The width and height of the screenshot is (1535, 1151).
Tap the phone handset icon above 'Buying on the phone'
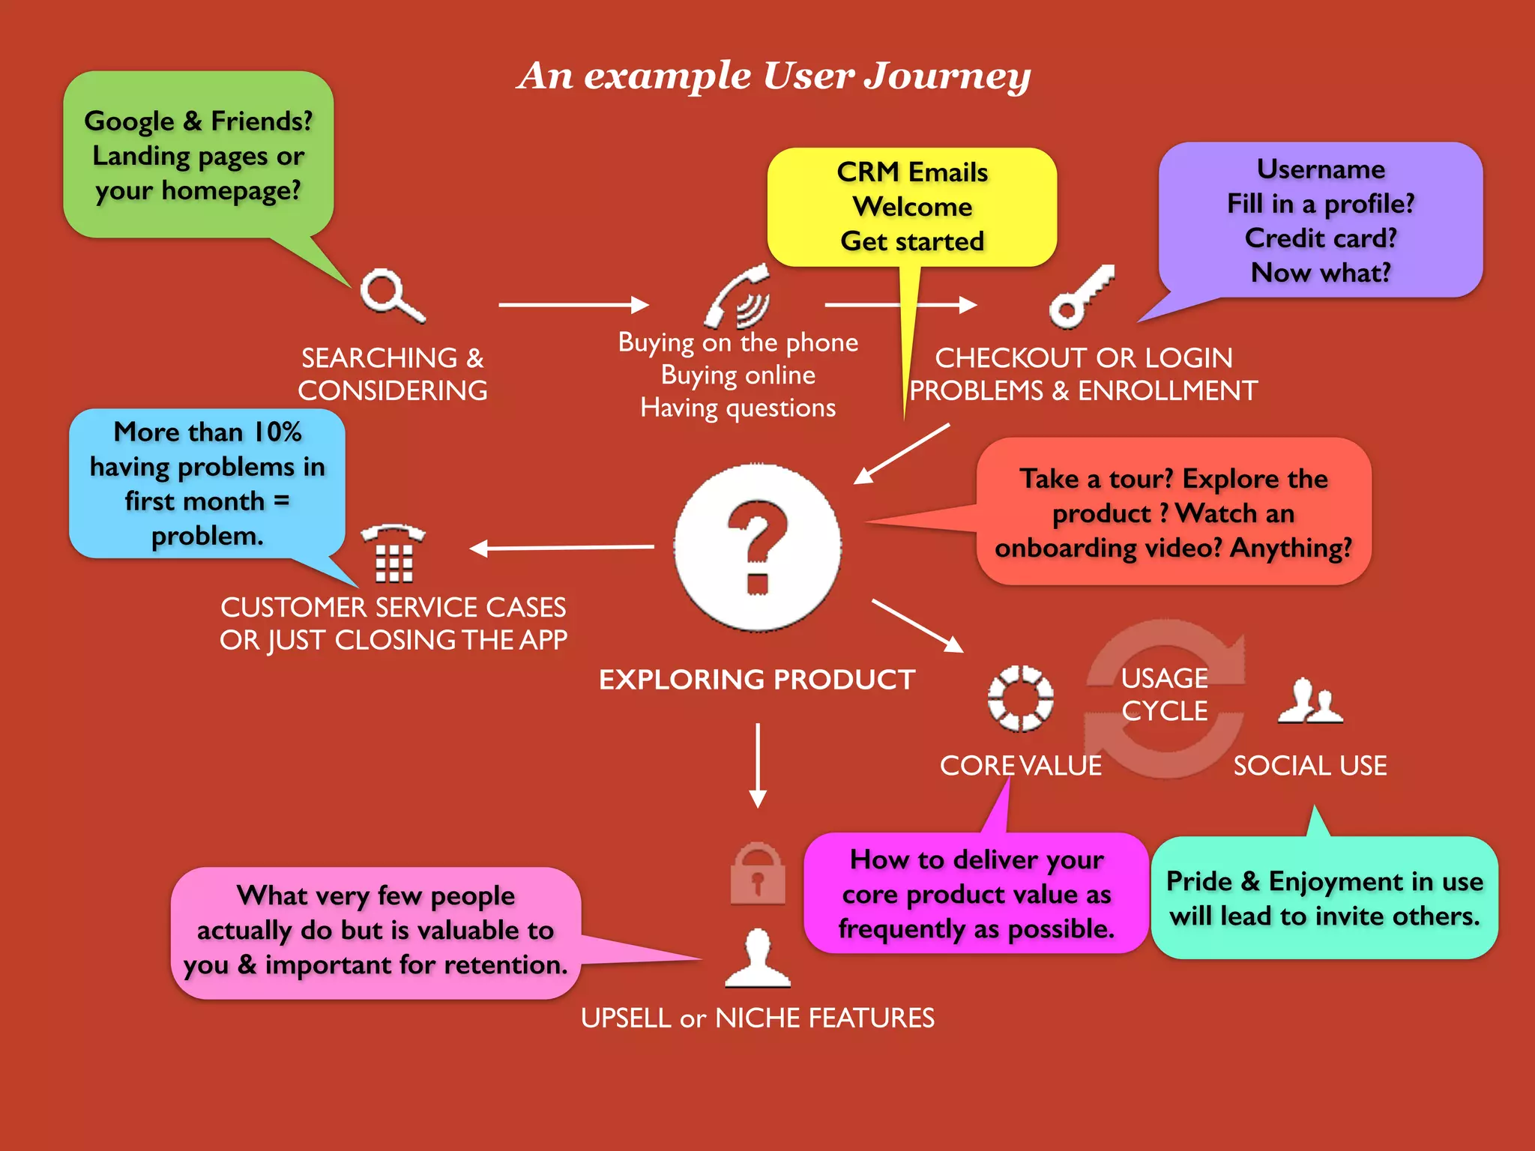point(738,297)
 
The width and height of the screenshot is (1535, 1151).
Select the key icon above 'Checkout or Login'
point(1080,297)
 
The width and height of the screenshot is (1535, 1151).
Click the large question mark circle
point(757,547)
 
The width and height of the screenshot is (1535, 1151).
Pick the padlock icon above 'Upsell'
point(758,874)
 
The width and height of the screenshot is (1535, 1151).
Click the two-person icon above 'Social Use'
point(1310,702)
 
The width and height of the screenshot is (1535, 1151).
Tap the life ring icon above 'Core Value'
point(1020,698)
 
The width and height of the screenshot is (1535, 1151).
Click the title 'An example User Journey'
point(773,76)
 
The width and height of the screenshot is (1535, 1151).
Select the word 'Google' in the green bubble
point(129,121)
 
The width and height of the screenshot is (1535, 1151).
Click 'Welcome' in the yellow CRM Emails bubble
point(912,207)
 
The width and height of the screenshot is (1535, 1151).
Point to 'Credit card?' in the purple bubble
point(1321,238)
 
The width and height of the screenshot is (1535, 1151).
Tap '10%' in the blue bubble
point(277,432)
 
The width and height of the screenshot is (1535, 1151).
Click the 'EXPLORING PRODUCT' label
point(757,680)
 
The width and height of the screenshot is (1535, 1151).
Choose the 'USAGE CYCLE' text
point(1164,695)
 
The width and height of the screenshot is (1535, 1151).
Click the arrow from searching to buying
point(573,305)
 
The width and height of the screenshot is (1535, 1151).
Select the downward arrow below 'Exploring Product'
point(758,764)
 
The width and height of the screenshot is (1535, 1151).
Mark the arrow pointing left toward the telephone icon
point(562,548)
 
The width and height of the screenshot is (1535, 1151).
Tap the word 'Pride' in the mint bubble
point(1199,882)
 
